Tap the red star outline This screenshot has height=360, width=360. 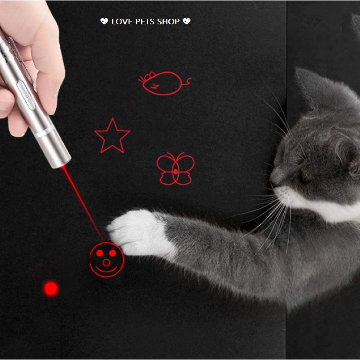(112, 136)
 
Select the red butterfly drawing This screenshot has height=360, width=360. (175, 169)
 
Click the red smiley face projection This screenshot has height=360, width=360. (107, 260)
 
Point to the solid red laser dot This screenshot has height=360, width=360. (51, 288)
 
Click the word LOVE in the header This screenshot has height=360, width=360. (122, 22)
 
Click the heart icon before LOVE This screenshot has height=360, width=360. (104, 22)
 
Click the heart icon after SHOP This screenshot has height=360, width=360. (187, 22)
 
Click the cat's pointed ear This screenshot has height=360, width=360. (311, 86)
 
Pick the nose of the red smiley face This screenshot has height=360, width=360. (106, 262)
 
